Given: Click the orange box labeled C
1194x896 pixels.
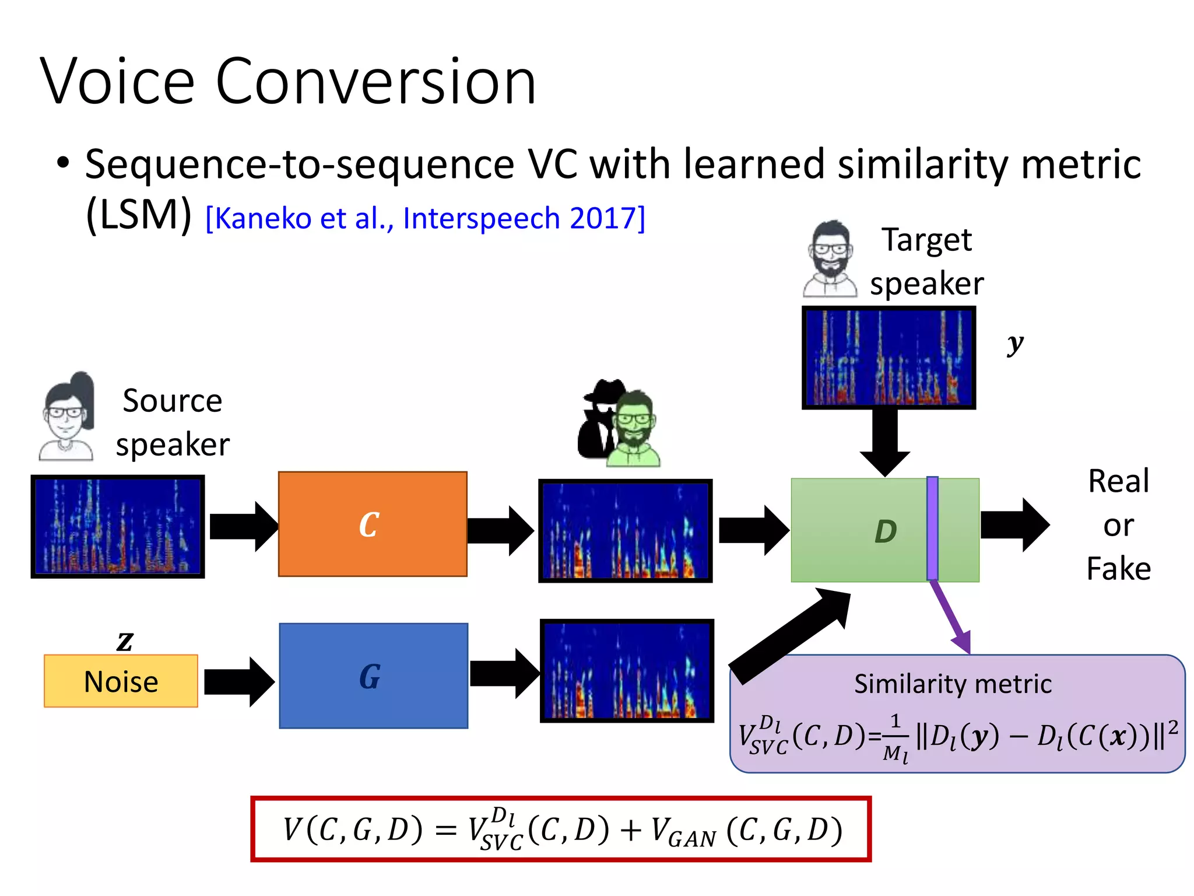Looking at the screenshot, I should click(373, 524).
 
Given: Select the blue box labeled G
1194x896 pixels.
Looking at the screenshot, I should click(373, 675).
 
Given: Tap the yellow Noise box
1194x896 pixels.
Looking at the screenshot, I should click(121, 681).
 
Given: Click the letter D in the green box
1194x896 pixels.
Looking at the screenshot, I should click(885, 531).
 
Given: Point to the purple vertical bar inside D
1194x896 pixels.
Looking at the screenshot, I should click(932, 528).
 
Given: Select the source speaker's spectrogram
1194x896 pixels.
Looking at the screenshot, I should click(118, 526).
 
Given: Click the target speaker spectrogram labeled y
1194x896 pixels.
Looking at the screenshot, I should click(889, 358).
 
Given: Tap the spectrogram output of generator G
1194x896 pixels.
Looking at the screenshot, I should click(627, 671).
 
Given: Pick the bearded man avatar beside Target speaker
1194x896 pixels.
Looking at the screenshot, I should click(831, 260).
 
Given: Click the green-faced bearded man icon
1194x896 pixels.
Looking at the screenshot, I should click(634, 429).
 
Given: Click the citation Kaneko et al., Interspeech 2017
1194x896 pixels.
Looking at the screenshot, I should click(425, 219).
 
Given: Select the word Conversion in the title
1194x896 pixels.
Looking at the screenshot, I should click(375, 82).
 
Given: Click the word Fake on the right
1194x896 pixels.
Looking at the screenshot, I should click(1118, 568).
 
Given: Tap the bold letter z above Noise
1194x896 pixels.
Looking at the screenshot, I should click(125, 640).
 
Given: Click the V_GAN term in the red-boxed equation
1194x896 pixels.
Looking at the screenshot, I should click(683, 831).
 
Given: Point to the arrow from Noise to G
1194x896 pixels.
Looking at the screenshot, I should click(239, 681).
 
